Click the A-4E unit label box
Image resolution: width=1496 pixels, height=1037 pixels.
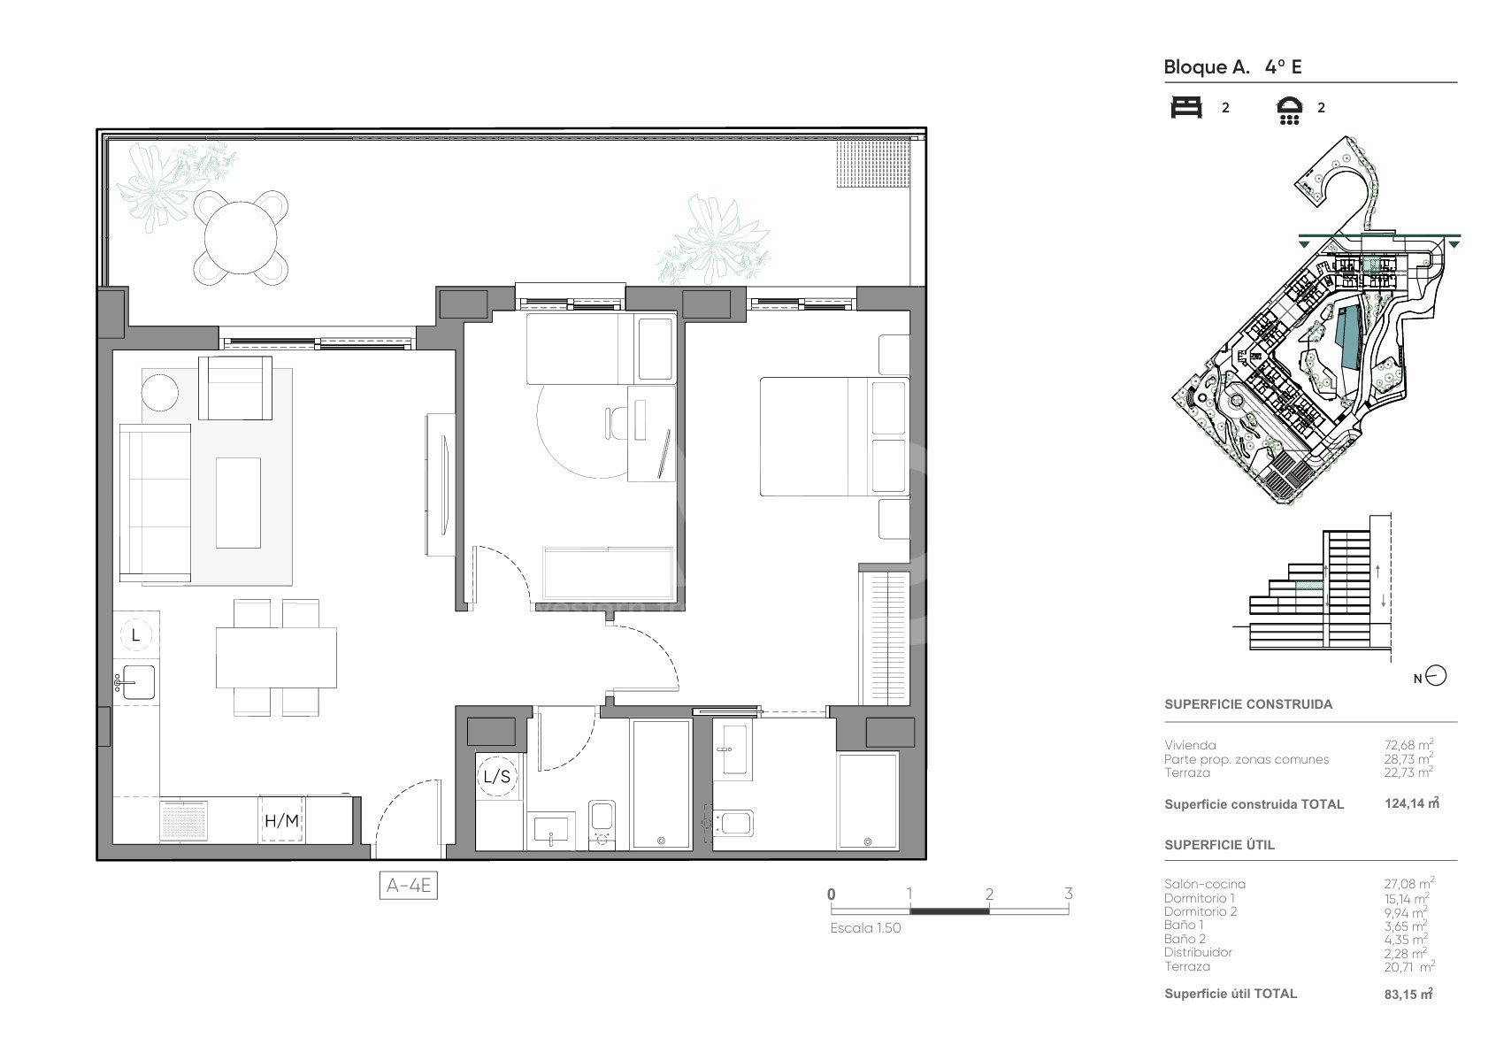coord(408,886)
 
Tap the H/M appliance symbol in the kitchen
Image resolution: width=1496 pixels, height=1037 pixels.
coord(282,820)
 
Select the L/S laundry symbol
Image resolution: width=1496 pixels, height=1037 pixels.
coord(497,776)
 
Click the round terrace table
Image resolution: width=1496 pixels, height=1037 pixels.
coord(241,237)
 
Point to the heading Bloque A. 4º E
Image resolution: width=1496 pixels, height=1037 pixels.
coord(1233,66)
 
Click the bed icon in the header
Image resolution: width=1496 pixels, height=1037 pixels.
coord(1186,108)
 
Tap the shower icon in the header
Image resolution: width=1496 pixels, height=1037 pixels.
coord(1289,111)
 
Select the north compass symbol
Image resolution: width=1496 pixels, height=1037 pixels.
coord(1435,676)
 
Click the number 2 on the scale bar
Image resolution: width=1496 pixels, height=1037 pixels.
coord(989,895)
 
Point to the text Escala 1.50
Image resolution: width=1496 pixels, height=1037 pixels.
coord(865,927)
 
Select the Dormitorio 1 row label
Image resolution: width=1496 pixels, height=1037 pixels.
coord(1200,898)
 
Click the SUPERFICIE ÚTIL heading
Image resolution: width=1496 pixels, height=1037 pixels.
coord(1219,845)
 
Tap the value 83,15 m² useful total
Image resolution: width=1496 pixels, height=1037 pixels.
coord(1408,994)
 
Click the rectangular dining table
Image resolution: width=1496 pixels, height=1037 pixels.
coord(276,657)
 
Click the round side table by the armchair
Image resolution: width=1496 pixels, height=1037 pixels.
coord(159,393)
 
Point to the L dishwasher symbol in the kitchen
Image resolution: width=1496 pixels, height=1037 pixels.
coord(135,635)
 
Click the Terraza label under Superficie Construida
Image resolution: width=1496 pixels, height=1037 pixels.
coord(1187,772)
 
